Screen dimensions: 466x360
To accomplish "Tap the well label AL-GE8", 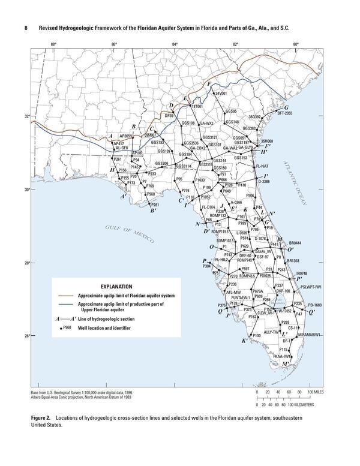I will click(x=121, y=148).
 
